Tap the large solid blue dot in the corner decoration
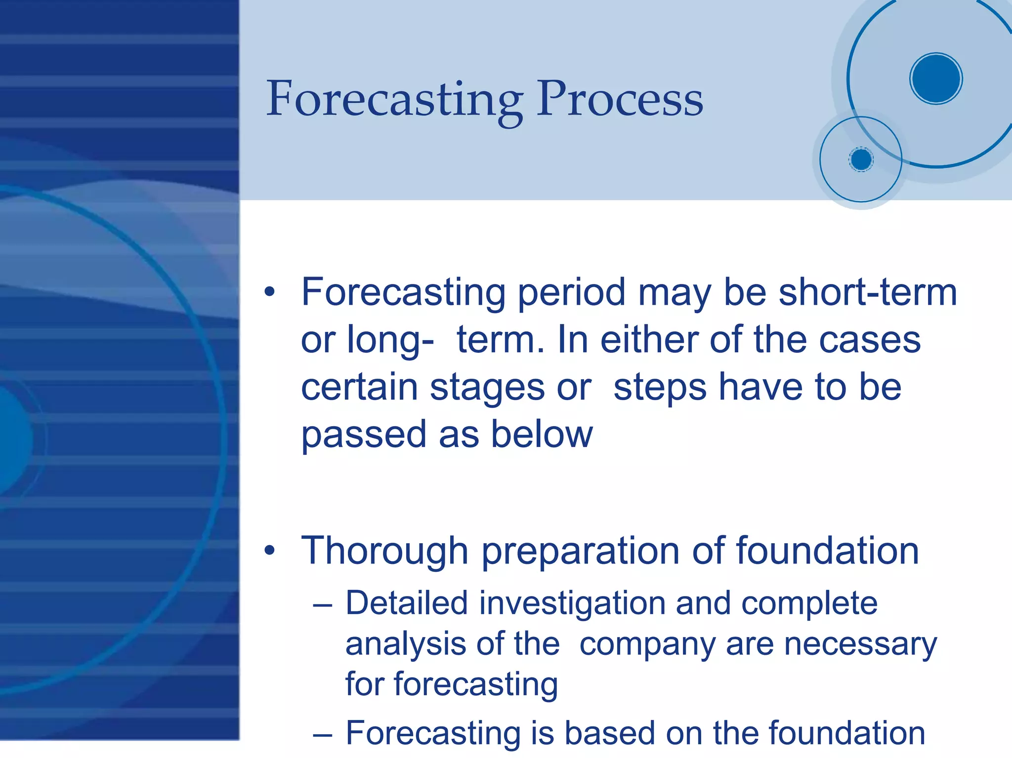tap(936, 79)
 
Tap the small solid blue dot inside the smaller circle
tap(861, 160)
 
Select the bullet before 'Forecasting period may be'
tap(269, 292)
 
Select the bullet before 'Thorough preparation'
tap(269, 551)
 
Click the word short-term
tap(868, 292)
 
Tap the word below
tap(542, 435)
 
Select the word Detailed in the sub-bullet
tap(406, 603)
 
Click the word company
tap(647, 645)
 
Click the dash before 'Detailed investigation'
tap(322, 604)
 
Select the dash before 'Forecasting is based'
tap(322, 734)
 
